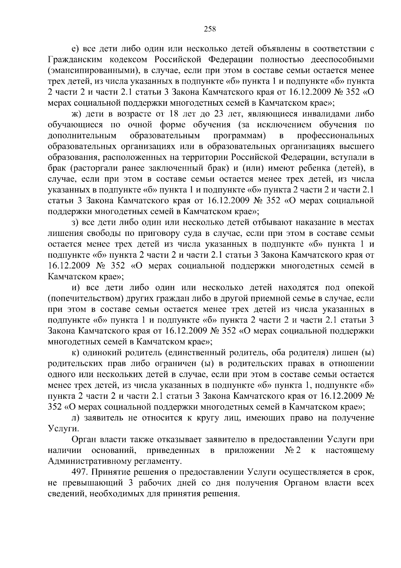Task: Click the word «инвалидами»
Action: (325, 114)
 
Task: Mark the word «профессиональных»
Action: (336, 136)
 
